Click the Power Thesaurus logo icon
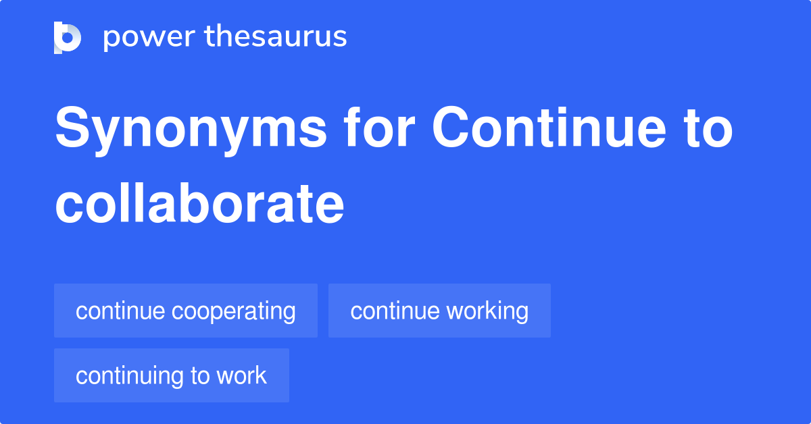pyautogui.click(x=68, y=37)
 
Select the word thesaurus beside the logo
pyautogui.click(x=276, y=37)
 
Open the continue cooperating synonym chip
pyautogui.click(x=186, y=311)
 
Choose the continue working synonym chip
pyautogui.click(x=439, y=311)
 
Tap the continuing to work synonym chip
pyautogui.click(x=172, y=375)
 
